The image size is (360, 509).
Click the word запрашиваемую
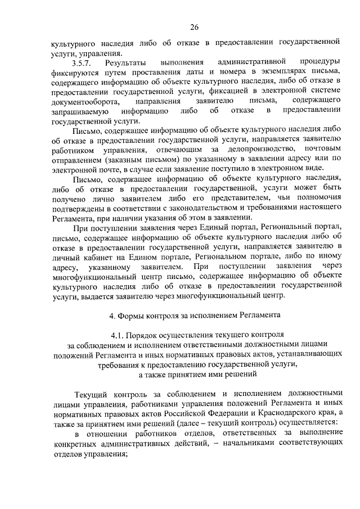click(79, 111)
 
